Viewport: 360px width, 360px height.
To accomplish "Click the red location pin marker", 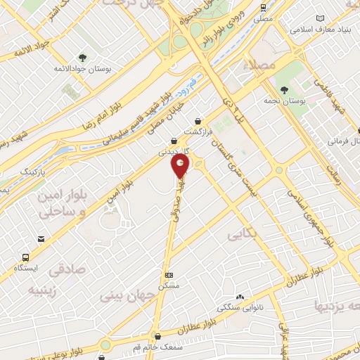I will (181, 167).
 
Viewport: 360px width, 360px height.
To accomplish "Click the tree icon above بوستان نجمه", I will (284, 89).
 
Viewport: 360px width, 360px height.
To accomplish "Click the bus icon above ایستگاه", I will (27, 257).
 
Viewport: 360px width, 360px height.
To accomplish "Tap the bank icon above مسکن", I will (169, 275).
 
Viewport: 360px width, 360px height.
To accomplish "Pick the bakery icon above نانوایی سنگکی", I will (240, 297).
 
